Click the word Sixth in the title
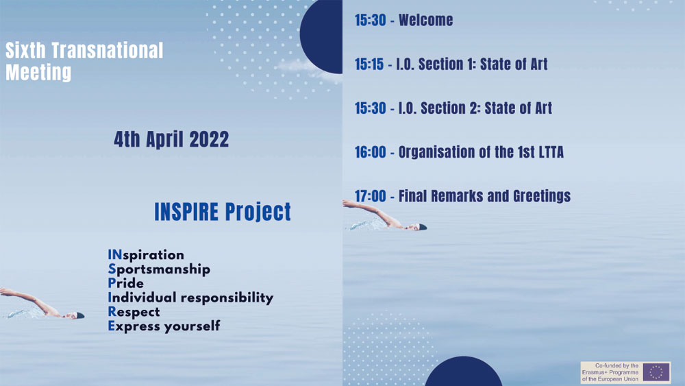coord(25,51)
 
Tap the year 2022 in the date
coord(209,139)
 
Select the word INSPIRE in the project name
coord(186,212)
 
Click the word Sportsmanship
coord(159,269)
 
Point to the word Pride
coord(126,283)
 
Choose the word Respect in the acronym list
coord(134,312)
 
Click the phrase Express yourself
coord(164,326)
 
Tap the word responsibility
coord(227,298)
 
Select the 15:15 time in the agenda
coord(369,64)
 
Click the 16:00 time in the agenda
coord(371,152)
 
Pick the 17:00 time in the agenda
coord(371,196)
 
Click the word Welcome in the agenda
coord(426,20)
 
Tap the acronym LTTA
coord(551,152)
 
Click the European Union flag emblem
coord(656,372)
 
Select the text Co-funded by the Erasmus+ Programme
coord(610,369)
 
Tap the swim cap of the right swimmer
coord(423,227)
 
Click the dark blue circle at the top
coord(323,35)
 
